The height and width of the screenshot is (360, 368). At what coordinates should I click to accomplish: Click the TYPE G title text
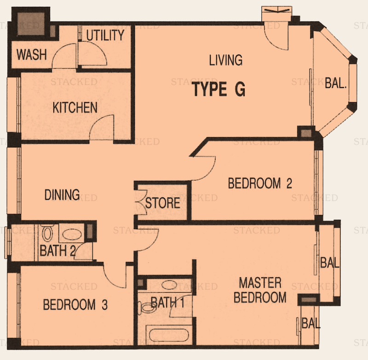tap(219, 89)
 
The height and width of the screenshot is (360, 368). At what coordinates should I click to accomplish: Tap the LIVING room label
tap(226, 60)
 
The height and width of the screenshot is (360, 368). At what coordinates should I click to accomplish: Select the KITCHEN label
tap(75, 108)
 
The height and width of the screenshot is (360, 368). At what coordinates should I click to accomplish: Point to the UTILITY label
tap(105, 35)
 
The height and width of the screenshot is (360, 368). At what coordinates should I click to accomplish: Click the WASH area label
tap(32, 54)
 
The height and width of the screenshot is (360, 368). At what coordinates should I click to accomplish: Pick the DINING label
tap(62, 195)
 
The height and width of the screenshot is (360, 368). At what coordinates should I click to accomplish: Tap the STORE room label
tap(163, 203)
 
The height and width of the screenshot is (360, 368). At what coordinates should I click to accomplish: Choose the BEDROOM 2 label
tap(260, 183)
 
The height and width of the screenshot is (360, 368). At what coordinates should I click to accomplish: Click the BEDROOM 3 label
tap(75, 305)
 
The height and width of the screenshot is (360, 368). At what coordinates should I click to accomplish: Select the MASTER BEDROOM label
tap(260, 290)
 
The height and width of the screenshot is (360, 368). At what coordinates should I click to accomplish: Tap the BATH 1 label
tap(167, 302)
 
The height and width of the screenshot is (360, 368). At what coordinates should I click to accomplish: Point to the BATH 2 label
tap(57, 250)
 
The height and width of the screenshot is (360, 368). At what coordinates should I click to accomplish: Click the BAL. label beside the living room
tap(336, 83)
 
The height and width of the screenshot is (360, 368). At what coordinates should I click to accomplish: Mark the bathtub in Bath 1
tap(169, 335)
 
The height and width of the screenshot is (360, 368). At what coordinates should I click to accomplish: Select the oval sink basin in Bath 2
tap(72, 234)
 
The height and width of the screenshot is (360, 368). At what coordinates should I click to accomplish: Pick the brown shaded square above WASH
tap(30, 24)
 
